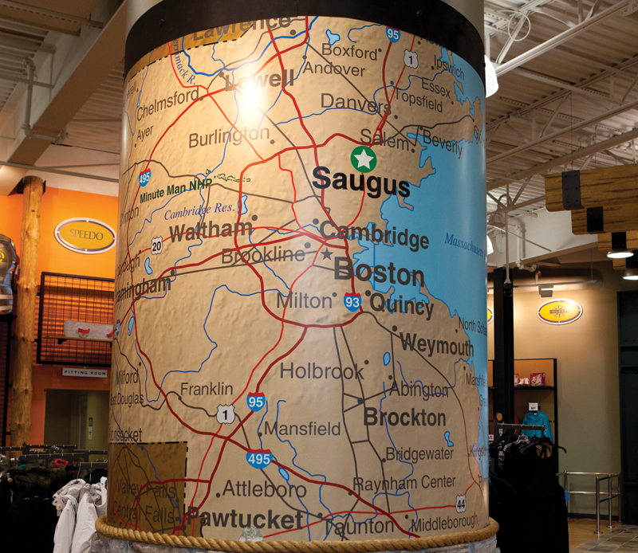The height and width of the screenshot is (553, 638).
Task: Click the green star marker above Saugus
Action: tap(364, 159)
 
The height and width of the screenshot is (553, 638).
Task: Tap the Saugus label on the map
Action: tap(360, 182)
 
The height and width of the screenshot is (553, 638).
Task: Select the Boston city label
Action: tap(379, 273)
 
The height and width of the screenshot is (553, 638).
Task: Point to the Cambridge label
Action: tap(374, 236)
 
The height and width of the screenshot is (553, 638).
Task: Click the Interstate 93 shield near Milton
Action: tap(352, 302)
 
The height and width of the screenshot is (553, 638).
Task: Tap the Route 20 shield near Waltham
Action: tap(157, 245)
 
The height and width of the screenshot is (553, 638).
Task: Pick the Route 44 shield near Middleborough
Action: tap(461, 503)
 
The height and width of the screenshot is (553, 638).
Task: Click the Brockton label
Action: tap(404, 417)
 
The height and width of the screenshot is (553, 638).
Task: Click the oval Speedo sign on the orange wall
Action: tap(85, 235)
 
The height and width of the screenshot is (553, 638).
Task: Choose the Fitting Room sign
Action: tap(84, 371)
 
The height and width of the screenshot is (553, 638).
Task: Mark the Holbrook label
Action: tap(321, 371)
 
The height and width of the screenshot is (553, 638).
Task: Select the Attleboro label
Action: tap(263, 488)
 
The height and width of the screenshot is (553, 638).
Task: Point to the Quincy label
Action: tap(401, 305)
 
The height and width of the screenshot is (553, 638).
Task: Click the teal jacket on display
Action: tap(536, 424)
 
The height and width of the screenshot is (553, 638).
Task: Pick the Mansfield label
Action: tap(302, 429)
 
